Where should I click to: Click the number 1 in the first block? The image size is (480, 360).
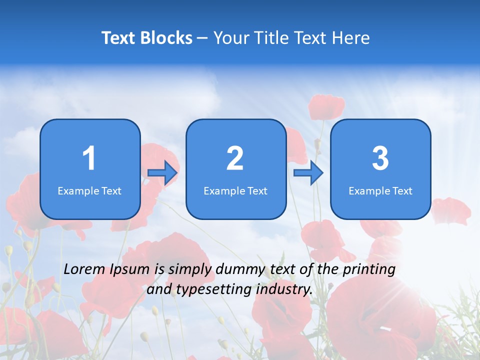point(89,158)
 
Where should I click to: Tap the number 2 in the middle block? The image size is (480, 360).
point(235,158)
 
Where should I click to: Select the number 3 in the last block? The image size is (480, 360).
point(380,158)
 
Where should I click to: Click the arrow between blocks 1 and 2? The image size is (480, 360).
point(163,173)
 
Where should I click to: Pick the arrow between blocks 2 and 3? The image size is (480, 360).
point(308,173)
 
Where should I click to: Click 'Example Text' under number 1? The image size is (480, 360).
point(89,190)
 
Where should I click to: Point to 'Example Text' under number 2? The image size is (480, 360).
point(235,190)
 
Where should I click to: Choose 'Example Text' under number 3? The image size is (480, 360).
point(380,190)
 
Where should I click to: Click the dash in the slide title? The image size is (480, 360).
point(203,38)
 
